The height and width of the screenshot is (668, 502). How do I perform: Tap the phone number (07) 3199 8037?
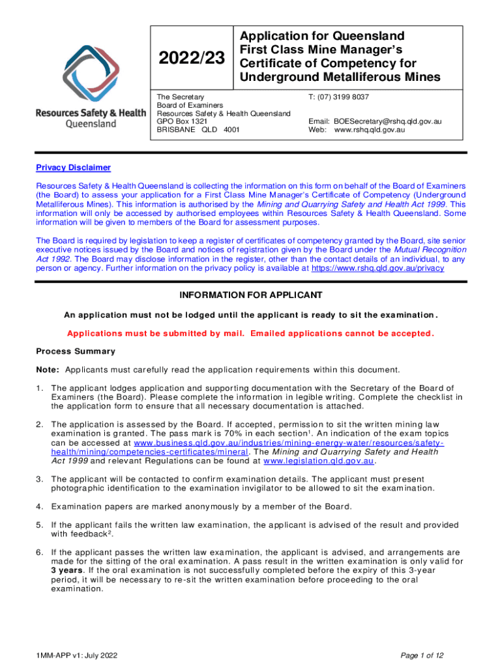click(x=338, y=97)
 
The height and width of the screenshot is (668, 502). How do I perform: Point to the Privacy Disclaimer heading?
click(x=73, y=168)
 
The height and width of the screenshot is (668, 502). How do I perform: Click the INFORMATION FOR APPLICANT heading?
click(x=250, y=295)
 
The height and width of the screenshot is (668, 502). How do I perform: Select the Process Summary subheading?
click(x=76, y=351)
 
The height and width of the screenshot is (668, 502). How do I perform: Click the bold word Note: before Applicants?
click(x=48, y=369)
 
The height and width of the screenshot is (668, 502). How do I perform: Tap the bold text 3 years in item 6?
click(x=68, y=569)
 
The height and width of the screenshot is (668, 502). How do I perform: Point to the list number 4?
click(x=38, y=506)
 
